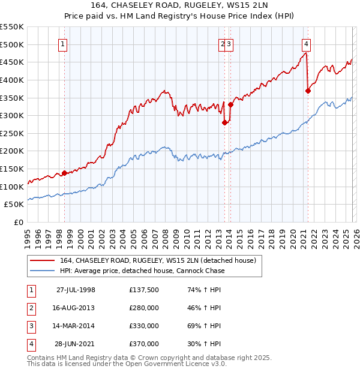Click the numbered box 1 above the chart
pos(63,43)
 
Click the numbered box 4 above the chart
pos(306,43)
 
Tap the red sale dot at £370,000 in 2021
pos(308,91)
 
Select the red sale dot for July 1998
pos(65,173)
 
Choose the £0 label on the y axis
pos(19,223)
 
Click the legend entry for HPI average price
pos(142,271)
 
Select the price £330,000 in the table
pos(143,326)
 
